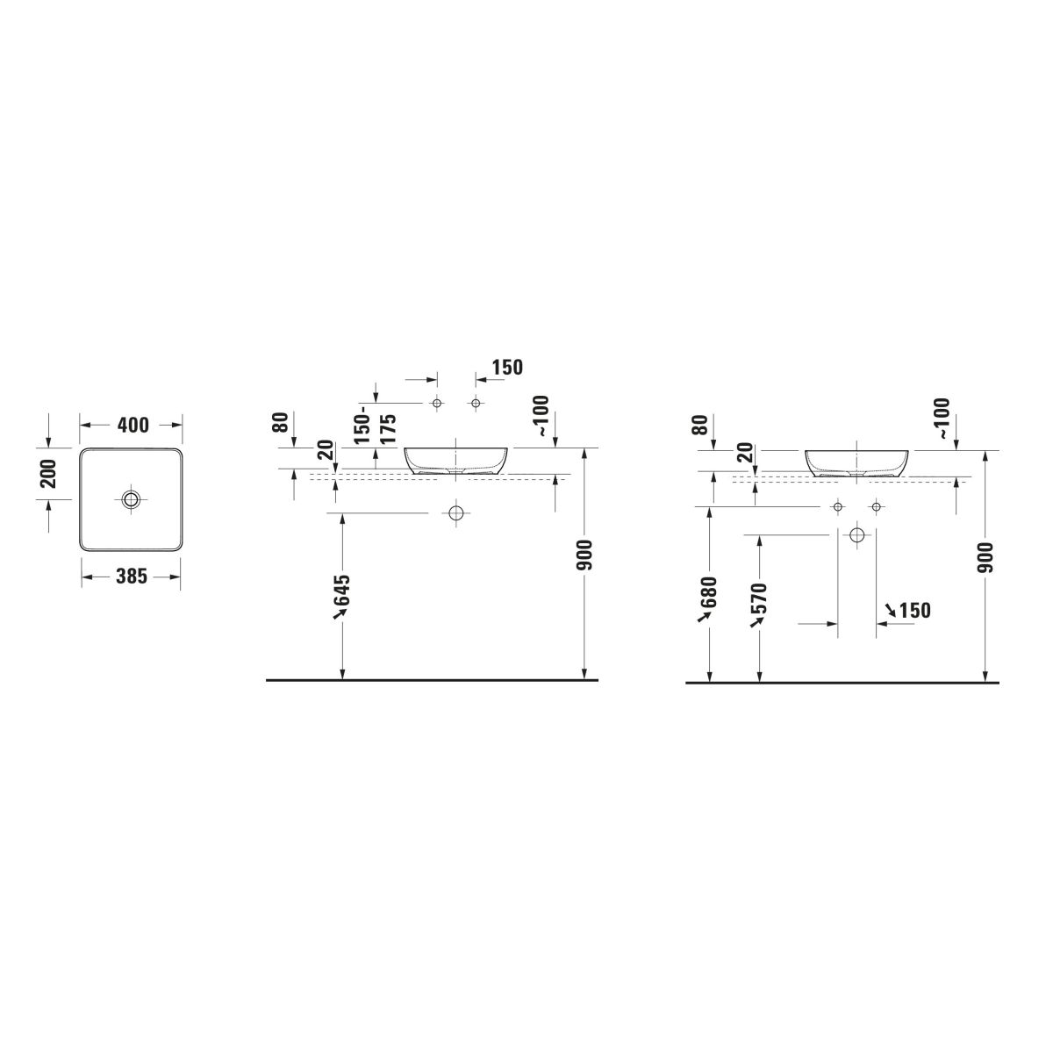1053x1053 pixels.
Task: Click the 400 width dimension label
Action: [133, 425]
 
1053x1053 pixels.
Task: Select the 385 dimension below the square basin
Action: [132, 576]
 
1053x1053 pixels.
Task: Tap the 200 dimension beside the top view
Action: [48, 473]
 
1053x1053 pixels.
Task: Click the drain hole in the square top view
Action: [131, 498]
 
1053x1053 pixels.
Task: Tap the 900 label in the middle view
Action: [584, 555]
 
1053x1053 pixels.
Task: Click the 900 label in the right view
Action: [985, 557]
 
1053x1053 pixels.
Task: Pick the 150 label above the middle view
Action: [507, 367]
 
